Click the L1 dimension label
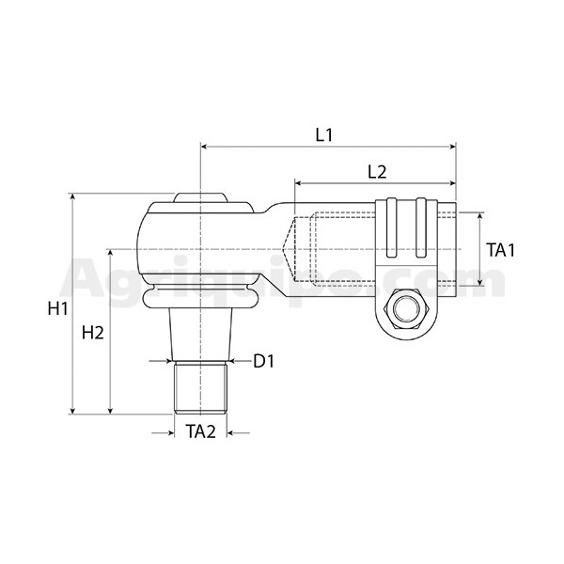324,134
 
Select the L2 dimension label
377,172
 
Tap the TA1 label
500,250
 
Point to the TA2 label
201,431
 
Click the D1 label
263,361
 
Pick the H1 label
58,309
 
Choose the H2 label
93,333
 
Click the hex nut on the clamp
406,308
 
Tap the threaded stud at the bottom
200,387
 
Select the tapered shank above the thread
201,335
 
